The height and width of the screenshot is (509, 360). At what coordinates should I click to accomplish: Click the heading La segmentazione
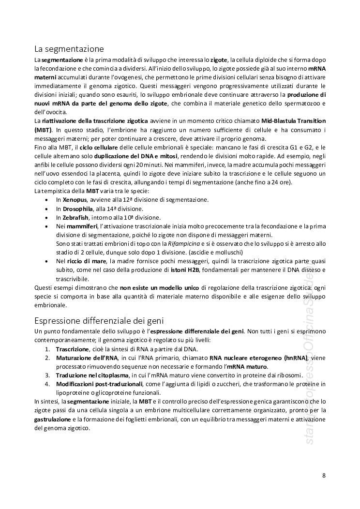click(69, 49)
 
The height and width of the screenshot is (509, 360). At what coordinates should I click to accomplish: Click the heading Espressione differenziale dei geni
click(99, 320)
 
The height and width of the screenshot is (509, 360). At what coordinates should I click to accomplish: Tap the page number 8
click(324, 475)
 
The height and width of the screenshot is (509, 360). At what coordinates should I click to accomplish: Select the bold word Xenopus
click(75, 200)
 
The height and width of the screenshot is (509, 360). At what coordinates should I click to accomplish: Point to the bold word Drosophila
click(78, 209)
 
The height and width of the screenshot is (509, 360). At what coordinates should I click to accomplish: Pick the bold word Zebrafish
click(76, 218)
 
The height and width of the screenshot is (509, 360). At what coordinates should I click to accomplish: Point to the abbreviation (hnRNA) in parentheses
click(295, 358)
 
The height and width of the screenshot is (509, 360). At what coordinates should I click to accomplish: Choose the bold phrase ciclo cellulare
click(100, 147)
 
